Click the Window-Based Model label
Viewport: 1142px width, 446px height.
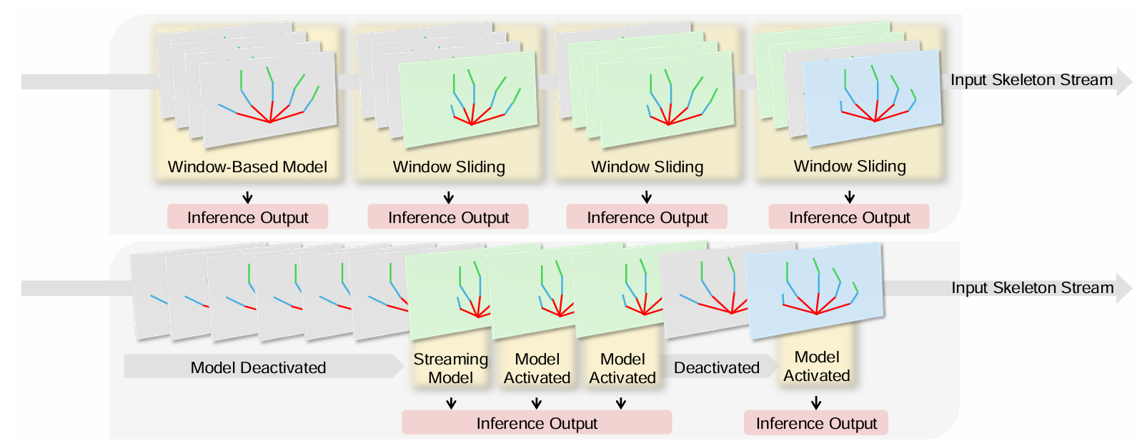[247, 167]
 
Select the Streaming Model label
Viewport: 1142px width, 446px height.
[450, 368]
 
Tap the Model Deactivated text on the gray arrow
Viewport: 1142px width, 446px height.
[258, 367]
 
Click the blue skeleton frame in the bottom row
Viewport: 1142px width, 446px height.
[815, 290]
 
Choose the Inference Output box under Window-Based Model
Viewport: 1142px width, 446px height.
[247, 217]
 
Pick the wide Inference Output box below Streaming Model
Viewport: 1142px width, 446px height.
[536, 423]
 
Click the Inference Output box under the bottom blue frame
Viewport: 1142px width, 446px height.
[816, 423]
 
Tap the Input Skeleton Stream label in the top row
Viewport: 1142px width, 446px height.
[1031, 80]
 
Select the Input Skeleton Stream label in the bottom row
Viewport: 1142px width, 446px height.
[1032, 288]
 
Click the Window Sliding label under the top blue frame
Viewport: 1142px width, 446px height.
[850, 167]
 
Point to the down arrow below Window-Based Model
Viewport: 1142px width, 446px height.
[247, 197]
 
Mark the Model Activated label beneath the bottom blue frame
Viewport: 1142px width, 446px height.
[816, 366]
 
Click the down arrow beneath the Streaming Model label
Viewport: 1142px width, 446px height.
[451, 404]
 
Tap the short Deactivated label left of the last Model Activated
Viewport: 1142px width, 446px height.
[716, 367]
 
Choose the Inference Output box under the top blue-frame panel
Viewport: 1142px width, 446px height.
[849, 217]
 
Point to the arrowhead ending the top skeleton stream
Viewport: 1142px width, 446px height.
[1124, 81]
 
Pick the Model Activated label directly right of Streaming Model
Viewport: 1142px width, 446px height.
[537, 368]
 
